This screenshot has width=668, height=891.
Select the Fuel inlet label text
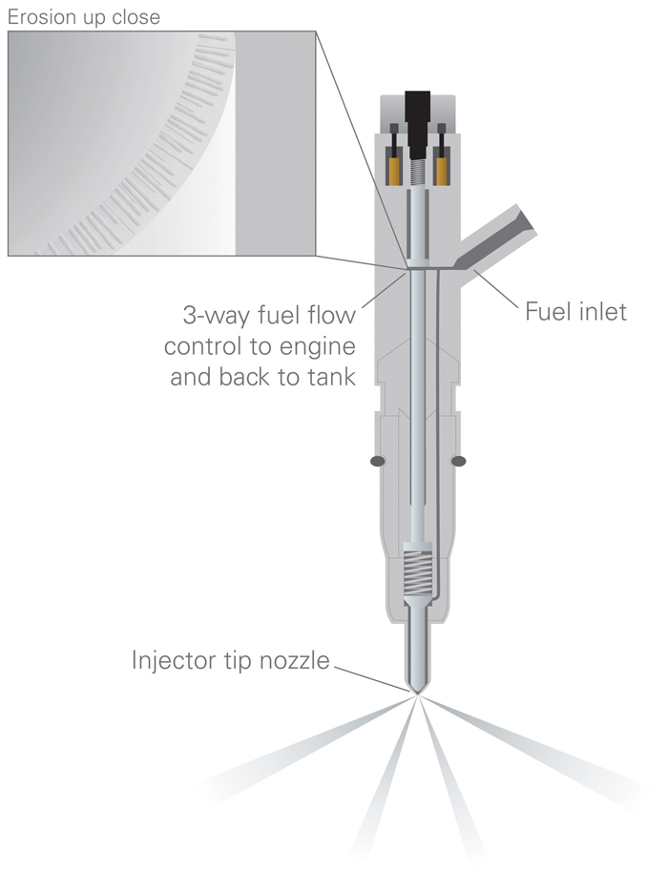click(575, 311)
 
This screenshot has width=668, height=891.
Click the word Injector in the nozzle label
click(172, 660)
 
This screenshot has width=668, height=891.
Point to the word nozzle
click(295, 661)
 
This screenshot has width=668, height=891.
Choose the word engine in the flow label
click(324, 347)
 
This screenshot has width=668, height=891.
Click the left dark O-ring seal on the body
click(378, 461)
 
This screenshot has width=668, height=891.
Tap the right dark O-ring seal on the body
click(458, 461)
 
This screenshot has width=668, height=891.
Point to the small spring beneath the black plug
click(418, 172)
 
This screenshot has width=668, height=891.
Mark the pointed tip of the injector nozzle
click(418, 694)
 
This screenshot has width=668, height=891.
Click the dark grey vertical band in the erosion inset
click(275, 143)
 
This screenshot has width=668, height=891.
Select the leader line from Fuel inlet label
click(496, 289)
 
